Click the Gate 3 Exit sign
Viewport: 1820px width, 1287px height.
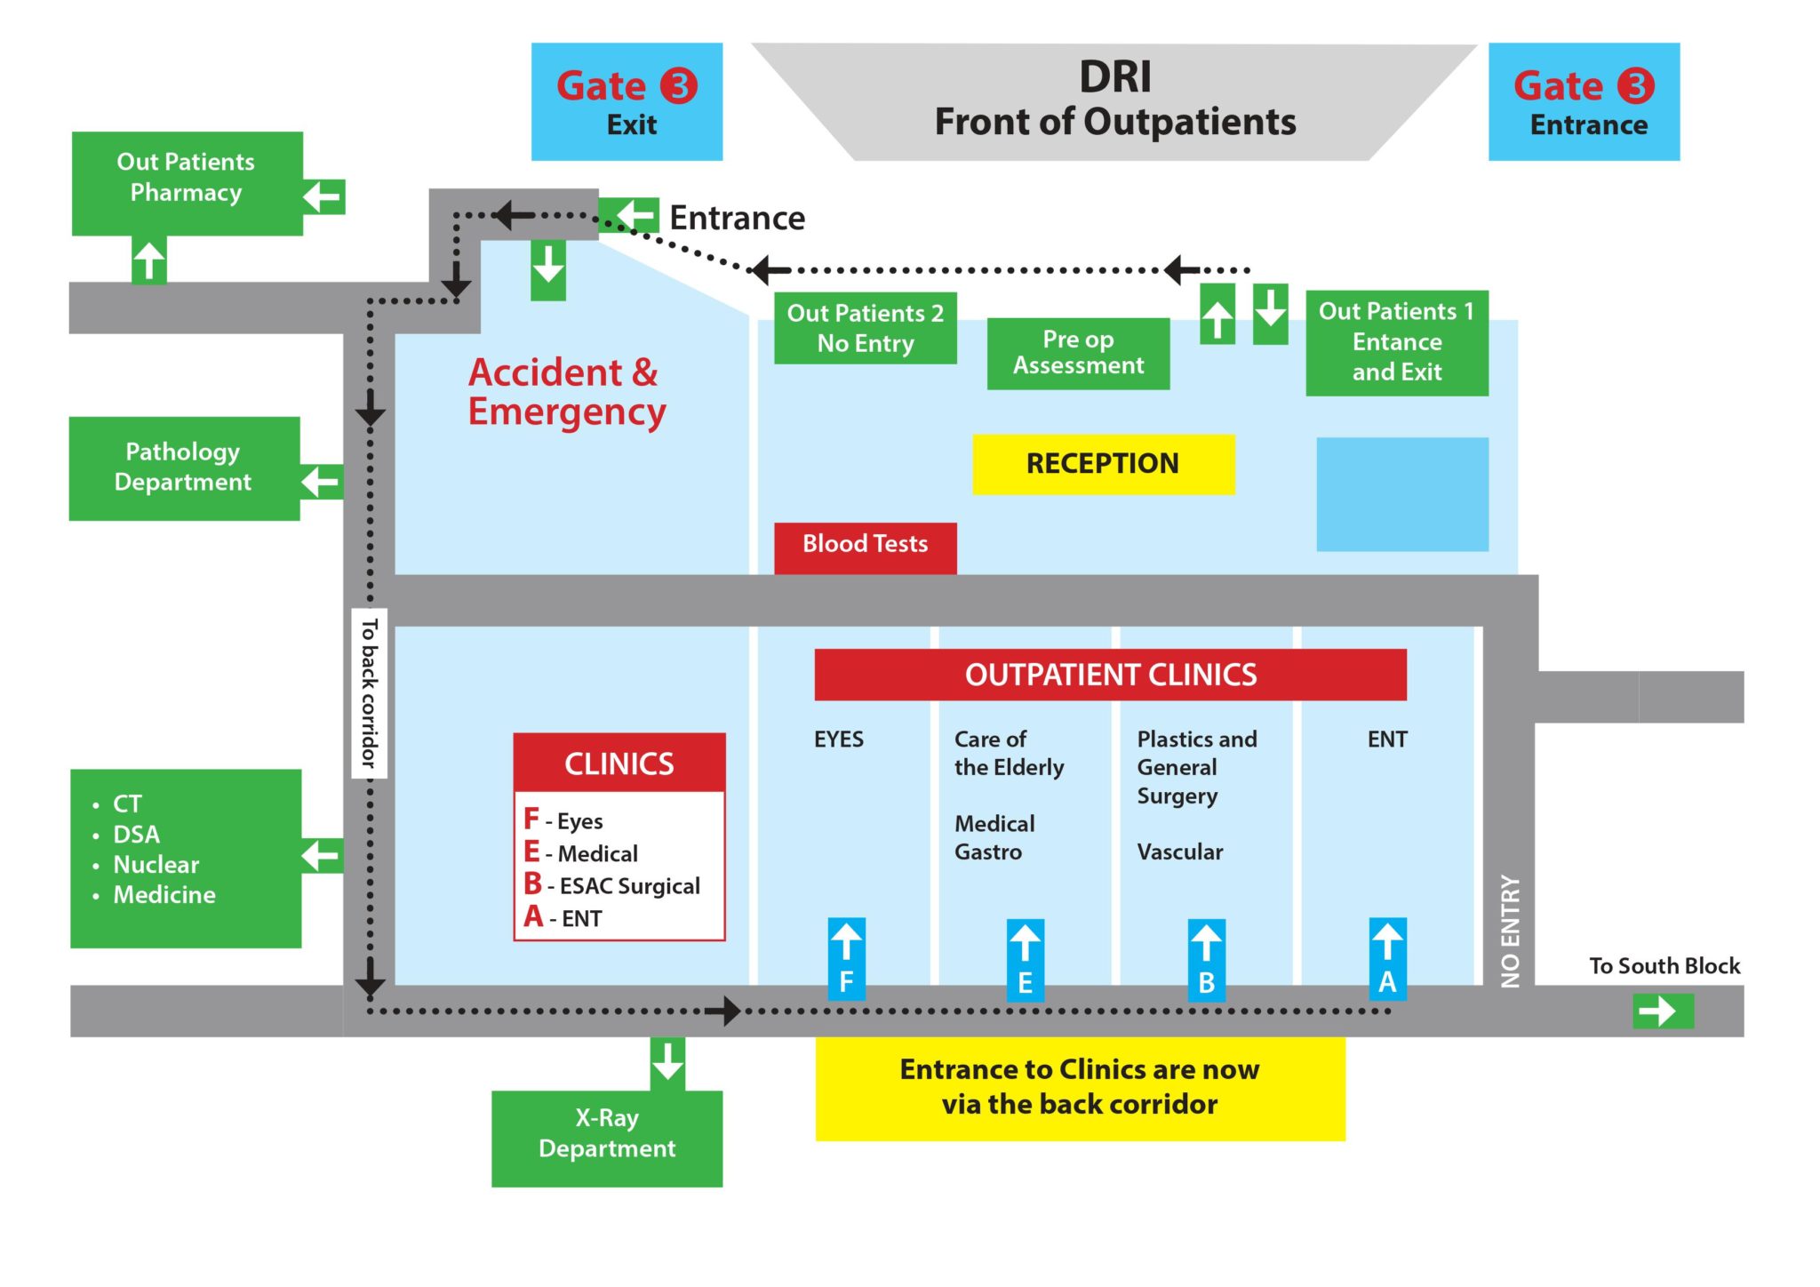coord(627,101)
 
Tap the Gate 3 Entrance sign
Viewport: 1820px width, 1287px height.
coord(1584,101)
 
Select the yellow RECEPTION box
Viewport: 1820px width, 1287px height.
coord(1103,464)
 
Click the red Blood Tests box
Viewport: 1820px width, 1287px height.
coord(865,546)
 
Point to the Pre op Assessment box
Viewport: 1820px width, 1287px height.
coord(1078,353)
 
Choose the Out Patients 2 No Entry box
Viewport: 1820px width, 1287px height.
coord(865,328)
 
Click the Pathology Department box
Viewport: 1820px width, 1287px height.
coord(184,468)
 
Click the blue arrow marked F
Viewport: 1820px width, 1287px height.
coord(846,958)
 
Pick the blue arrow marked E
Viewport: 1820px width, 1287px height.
coord(1025,959)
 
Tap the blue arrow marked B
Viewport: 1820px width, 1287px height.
coord(1206,959)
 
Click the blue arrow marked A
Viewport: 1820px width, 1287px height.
coord(1387,958)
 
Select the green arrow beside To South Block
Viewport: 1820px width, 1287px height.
coord(1663,1011)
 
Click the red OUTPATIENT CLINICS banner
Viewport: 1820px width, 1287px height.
coord(1110,675)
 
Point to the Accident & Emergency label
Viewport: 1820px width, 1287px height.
coord(566,392)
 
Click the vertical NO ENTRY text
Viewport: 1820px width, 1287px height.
coord(1510,931)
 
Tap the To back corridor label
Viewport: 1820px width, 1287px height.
coord(369,693)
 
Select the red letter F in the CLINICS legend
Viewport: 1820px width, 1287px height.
coord(531,819)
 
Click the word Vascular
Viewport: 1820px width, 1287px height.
coord(1179,852)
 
